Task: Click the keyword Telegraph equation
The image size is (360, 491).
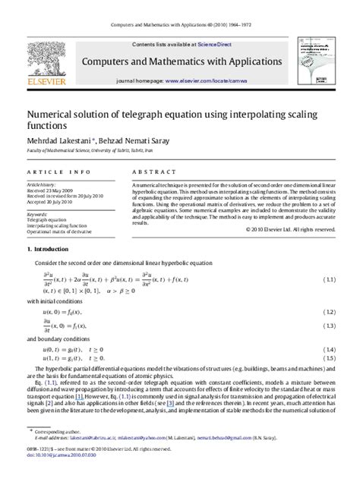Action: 46,219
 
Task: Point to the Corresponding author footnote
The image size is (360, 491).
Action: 59,452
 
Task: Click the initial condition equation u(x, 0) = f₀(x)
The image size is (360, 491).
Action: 62,312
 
